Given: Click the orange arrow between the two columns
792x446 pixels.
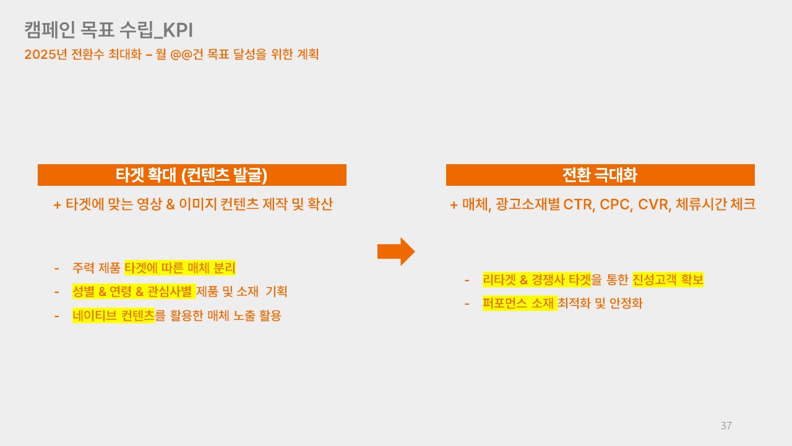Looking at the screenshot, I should tap(396, 251).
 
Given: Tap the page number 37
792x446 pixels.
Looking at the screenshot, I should tap(726, 426).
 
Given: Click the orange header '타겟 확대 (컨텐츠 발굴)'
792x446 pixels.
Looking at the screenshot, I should tap(192, 175).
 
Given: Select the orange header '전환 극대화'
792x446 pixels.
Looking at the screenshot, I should tap(600, 175).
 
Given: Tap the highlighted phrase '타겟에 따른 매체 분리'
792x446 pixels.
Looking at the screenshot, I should tap(180, 268).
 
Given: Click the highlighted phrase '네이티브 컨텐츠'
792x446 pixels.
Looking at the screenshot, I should tap(113, 315).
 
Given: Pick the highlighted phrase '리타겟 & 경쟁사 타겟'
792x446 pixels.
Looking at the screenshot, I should tap(536, 280).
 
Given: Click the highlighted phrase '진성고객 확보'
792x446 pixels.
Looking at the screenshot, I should tap(668, 280).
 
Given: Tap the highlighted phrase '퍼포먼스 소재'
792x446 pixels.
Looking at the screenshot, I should tap(519, 304).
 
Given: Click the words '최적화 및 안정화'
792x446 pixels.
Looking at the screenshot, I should tap(600, 304).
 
